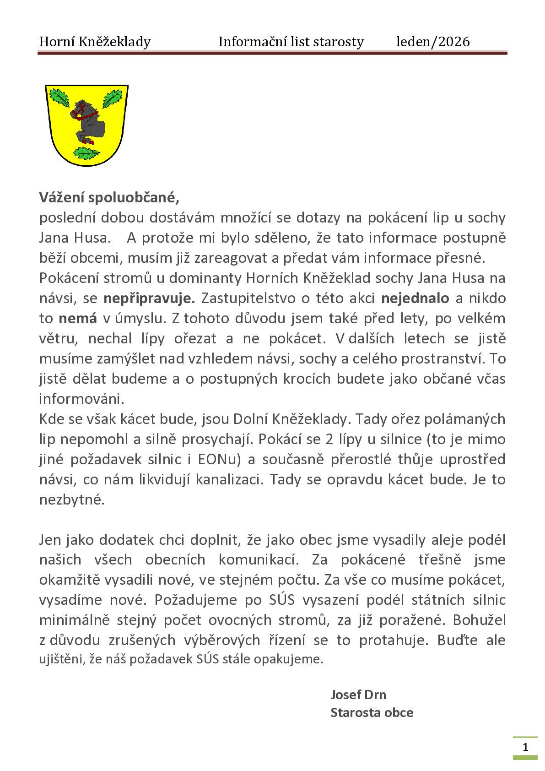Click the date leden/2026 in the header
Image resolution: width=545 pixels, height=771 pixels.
(432, 42)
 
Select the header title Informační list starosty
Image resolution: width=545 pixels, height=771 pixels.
(291, 42)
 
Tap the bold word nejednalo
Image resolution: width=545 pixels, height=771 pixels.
(415, 298)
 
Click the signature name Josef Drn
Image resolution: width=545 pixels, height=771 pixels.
(358, 695)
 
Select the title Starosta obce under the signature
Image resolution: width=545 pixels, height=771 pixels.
(372, 712)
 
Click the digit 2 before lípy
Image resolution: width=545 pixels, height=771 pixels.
(329, 439)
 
